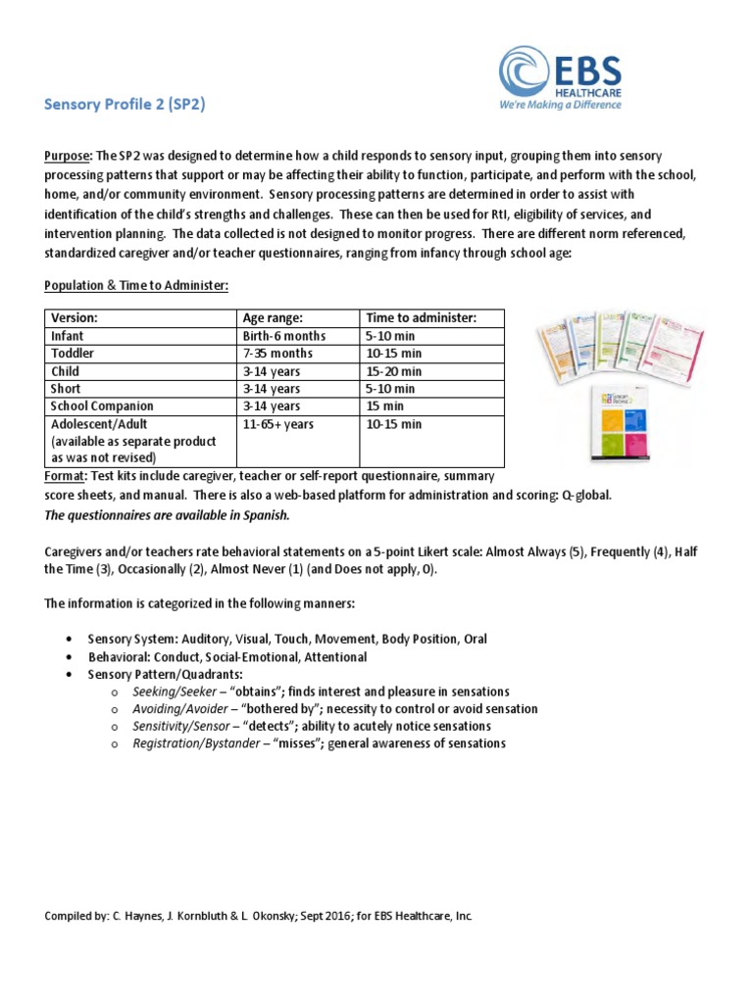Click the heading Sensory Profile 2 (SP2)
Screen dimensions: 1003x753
coord(125,105)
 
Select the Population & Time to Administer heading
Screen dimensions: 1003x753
coord(135,285)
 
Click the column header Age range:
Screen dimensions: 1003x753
coord(273,318)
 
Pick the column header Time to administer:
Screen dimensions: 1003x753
coord(421,318)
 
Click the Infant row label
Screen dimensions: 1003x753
coord(68,336)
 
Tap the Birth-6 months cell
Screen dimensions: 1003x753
coord(284,336)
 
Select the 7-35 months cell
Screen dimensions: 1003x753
coord(278,354)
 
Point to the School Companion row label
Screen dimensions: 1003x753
coord(102,406)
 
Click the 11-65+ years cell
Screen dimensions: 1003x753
coord(278,424)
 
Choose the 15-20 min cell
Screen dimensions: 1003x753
coord(394,371)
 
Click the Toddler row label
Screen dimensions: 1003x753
coord(73,354)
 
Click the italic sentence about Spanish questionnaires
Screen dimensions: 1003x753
coord(167,515)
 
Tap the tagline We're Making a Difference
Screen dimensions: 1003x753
coord(561,104)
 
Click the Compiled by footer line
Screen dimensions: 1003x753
coord(259,916)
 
